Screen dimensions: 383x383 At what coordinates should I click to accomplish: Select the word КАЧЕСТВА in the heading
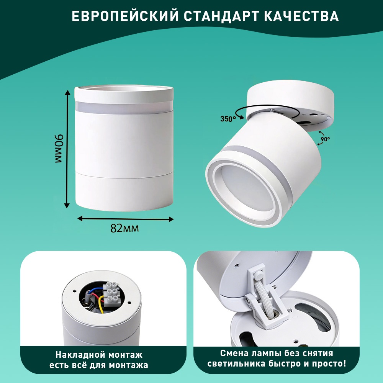(301, 16)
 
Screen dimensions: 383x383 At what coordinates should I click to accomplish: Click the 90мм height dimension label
(59, 148)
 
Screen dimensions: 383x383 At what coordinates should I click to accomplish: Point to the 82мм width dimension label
(124, 228)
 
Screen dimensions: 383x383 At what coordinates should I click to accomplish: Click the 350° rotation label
(228, 119)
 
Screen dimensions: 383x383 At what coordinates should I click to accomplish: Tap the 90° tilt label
(325, 139)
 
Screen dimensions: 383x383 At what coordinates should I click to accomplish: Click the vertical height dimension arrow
(67, 149)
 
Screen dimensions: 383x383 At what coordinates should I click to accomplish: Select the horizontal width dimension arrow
(125, 219)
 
